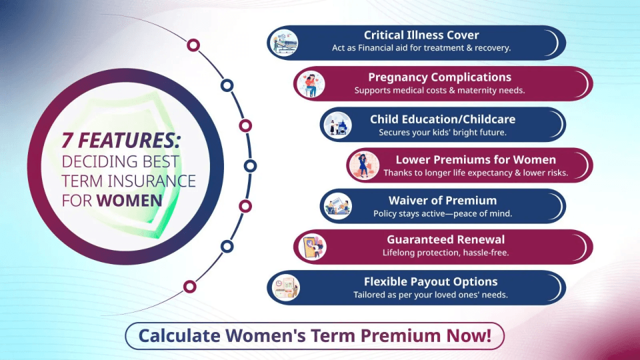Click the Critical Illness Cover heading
pos(421,35)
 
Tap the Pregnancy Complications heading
pos(439,77)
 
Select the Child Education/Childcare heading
pos(443,119)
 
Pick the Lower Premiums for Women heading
pos(475,160)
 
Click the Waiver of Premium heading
pos(443,200)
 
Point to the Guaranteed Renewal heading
pos(445,240)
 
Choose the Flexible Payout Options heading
pos(431,281)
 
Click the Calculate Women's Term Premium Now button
pos(315,336)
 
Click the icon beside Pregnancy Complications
pos(311,84)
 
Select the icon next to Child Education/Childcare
pos(337,125)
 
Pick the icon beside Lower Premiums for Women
pos(364,165)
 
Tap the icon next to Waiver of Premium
pos(337,206)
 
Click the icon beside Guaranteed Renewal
pos(311,247)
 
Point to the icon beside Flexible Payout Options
pos(285,287)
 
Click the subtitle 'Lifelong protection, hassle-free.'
pos(445,253)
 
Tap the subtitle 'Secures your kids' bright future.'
pos(443,132)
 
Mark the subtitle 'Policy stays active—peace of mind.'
pos(443,213)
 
